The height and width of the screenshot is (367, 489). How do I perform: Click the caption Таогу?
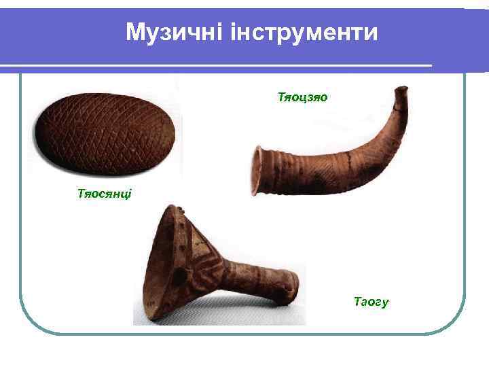click(371, 302)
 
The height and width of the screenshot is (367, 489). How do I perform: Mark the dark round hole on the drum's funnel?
click(180, 277)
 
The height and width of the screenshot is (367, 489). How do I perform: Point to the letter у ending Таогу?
click(385, 303)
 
